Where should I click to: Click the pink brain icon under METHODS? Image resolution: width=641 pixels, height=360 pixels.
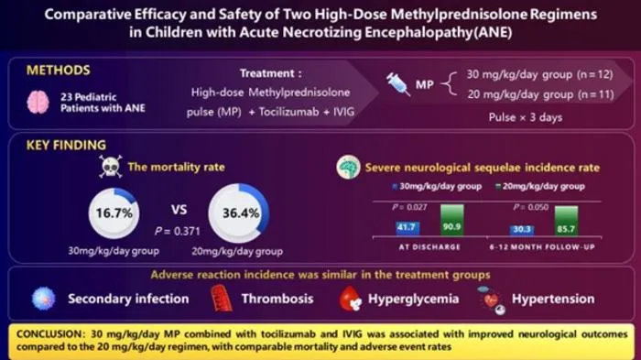[x=38, y=102]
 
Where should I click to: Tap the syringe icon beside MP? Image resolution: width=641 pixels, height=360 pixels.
[x=397, y=84]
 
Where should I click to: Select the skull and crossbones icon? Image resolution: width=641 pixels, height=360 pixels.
[x=111, y=166]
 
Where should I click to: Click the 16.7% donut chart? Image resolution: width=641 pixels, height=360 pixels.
[x=114, y=213]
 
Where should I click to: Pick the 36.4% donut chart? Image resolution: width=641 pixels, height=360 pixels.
[x=239, y=213]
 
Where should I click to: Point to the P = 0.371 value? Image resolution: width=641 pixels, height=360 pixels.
[x=178, y=232]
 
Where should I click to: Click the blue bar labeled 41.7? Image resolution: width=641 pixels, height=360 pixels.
[x=407, y=228]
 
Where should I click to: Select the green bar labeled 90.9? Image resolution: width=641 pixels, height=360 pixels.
[x=452, y=220]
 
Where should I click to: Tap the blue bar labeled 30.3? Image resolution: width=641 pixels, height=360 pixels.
[x=522, y=230]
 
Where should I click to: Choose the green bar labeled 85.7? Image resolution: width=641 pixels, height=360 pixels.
[x=566, y=221]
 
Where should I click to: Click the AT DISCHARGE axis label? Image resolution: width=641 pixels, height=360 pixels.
[x=429, y=247]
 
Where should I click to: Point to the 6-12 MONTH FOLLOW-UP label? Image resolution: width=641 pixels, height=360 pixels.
[x=542, y=247]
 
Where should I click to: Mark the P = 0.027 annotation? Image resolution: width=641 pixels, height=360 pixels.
[x=409, y=207]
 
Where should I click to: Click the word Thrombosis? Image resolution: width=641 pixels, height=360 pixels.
[x=277, y=299]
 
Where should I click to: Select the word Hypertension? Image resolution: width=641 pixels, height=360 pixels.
[x=553, y=299]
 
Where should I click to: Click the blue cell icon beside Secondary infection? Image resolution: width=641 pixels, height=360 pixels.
[x=44, y=299]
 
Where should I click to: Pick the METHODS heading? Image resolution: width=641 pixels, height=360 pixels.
[x=58, y=71]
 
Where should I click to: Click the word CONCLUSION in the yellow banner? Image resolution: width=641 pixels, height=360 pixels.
[x=50, y=334]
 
